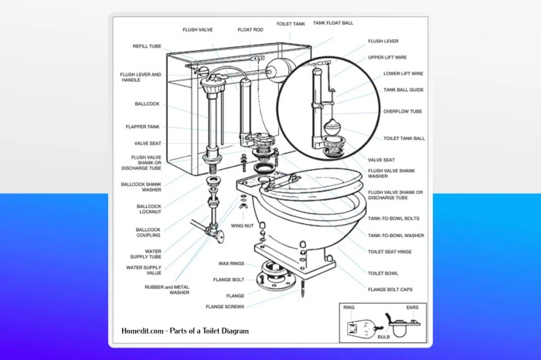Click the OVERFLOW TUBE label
click(402, 111)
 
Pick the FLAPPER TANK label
click(143, 127)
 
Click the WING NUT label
click(243, 226)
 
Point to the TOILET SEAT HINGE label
click(396, 253)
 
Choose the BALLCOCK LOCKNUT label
click(149, 209)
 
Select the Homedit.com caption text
click(185, 331)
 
